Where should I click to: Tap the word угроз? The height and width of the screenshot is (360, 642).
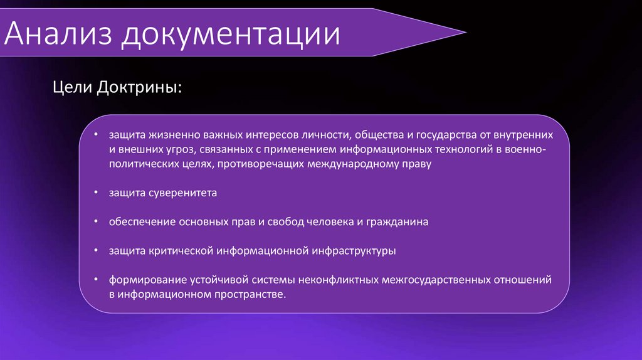click(x=177, y=151)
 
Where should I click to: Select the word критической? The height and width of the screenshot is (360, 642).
click(x=181, y=251)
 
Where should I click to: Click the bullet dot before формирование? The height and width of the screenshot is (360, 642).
click(x=95, y=279)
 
